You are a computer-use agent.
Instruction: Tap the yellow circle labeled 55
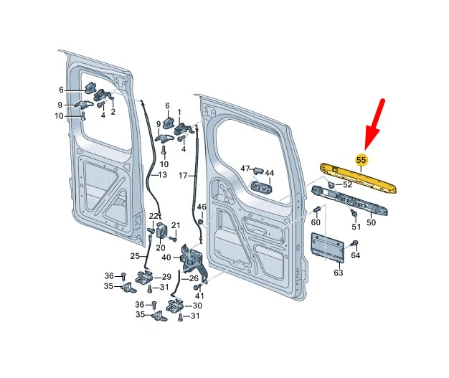(x=361, y=159)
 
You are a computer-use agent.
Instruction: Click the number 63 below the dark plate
(x=339, y=273)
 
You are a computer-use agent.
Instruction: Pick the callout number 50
(x=371, y=223)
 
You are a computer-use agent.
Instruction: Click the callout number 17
(x=183, y=175)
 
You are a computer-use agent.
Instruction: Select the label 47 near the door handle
(x=245, y=169)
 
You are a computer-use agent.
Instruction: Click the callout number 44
(x=270, y=174)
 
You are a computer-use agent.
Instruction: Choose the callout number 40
(x=166, y=258)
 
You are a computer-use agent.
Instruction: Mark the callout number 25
(x=135, y=256)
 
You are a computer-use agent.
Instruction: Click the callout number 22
(x=153, y=216)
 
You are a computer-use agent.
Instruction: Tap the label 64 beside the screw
(x=355, y=255)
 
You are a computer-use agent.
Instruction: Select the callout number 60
(x=316, y=223)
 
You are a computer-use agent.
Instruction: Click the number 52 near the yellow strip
(x=347, y=185)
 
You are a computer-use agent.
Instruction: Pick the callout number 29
(x=166, y=277)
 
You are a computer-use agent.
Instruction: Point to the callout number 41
(x=199, y=296)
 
